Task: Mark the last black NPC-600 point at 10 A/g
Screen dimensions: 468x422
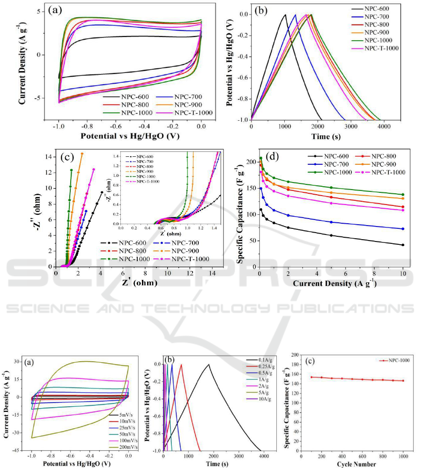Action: click(x=402, y=245)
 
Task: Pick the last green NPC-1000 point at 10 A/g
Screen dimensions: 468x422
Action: click(x=402, y=195)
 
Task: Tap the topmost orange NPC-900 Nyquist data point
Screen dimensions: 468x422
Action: click(x=82, y=154)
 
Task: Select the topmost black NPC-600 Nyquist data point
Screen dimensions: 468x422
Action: click(x=102, y=192)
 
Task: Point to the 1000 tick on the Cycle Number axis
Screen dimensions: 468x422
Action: click(x=403, y=454)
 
